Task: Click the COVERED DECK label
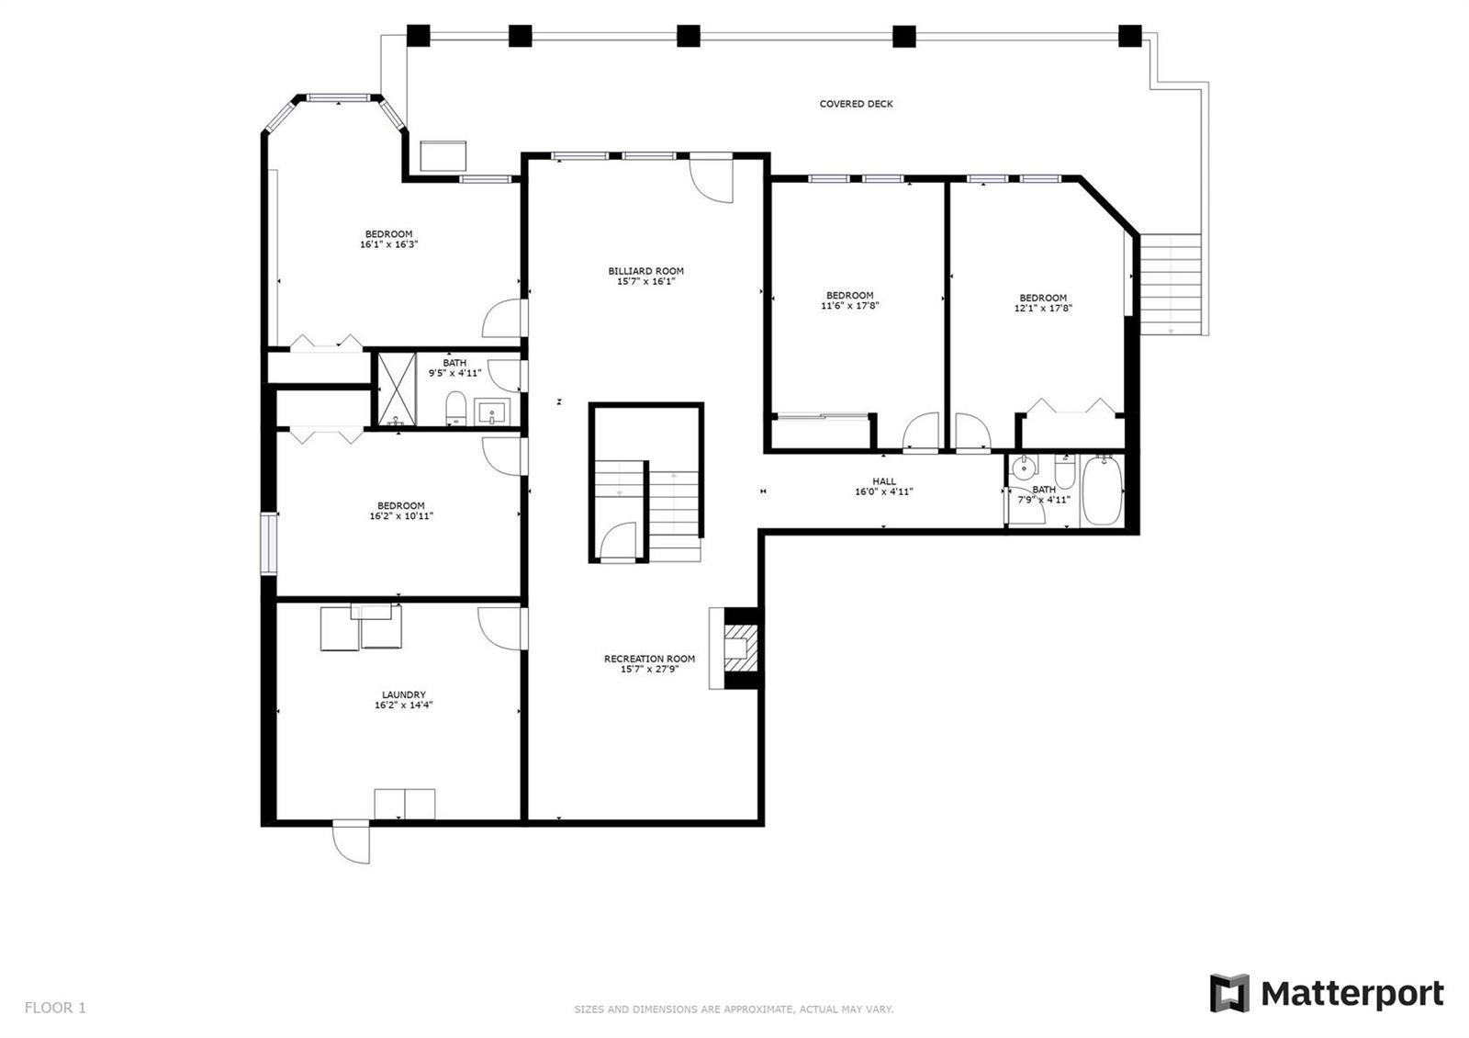(x=856, y=104)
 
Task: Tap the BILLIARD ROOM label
(x=646, y=271)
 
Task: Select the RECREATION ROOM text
(x=649, y=659)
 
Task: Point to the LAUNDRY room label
(x=404, y=694)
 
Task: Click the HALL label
(x=884, y=481)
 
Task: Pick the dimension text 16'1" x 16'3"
(x=389, y=244)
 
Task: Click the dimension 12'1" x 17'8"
(x=1043, y=308)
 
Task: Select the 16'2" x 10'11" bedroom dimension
(x=401, y=516)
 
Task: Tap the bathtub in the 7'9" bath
(x=1102, y=491)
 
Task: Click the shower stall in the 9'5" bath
(x=397, y=389)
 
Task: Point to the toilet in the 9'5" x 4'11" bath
(x=455, y=409)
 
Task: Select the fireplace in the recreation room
(x=735, y=649)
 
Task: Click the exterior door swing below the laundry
(x=351, y=841)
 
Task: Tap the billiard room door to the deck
(x=711, y=178)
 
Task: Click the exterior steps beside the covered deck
(x=1171, y=284)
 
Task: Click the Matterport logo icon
(x=1229, y=993)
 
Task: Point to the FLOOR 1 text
(x=55, y=1007)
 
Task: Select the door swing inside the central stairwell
(x=618, y=542)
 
